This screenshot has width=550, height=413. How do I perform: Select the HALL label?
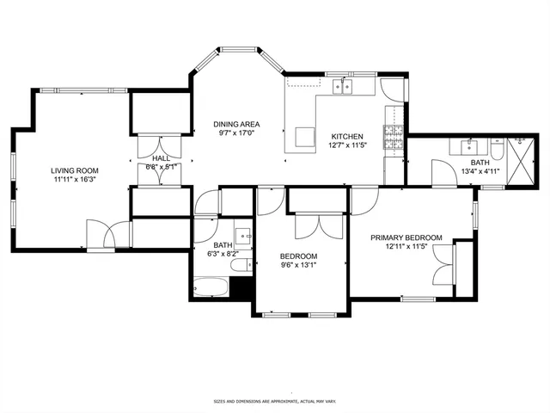[161, 159]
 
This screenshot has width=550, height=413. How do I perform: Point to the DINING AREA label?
[236, 124]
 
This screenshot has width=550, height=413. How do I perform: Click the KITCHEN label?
[348, 137]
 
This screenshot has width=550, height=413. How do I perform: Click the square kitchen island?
[305, 137]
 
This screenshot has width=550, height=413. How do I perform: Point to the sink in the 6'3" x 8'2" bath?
[244, 234]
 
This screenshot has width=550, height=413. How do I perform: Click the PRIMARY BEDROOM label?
[406, 237]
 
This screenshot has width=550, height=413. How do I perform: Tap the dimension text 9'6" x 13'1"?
[298, 266]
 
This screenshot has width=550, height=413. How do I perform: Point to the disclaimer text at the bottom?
[274, 401]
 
